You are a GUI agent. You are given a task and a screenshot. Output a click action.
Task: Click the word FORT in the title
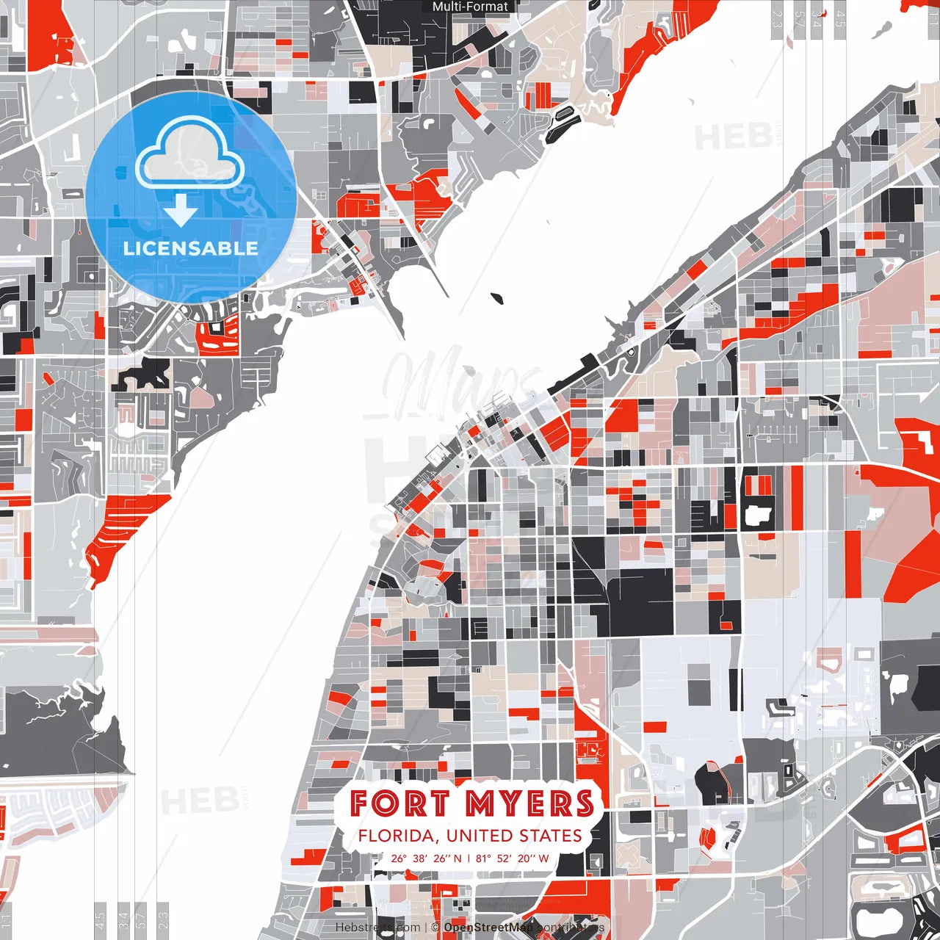pyautogui.click(x=398, y=803)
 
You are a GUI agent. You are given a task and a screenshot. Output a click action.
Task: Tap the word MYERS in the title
pyautogui.click(x=529, y=803)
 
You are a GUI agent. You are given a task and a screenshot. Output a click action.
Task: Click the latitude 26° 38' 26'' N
pyautogui.click(x=426, y=858)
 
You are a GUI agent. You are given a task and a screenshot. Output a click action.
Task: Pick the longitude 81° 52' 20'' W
pyautogui.click(x=513, y=858)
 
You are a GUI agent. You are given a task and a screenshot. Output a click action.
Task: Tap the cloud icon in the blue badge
pyautogui.click(x=190, y=155)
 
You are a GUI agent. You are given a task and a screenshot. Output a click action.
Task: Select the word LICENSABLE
pyautogui.click(x=191, y=248)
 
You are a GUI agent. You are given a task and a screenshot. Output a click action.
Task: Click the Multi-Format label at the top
pyautogui.click(x=470, y=7)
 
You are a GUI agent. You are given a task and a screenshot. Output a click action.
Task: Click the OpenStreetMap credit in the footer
pyautogui.click(x=488, y=928)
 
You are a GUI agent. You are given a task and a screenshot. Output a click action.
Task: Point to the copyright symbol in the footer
pyautogui.click(x=435, y=928)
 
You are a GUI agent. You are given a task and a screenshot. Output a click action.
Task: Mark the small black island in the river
pyautogui.click(x=499, y=298)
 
